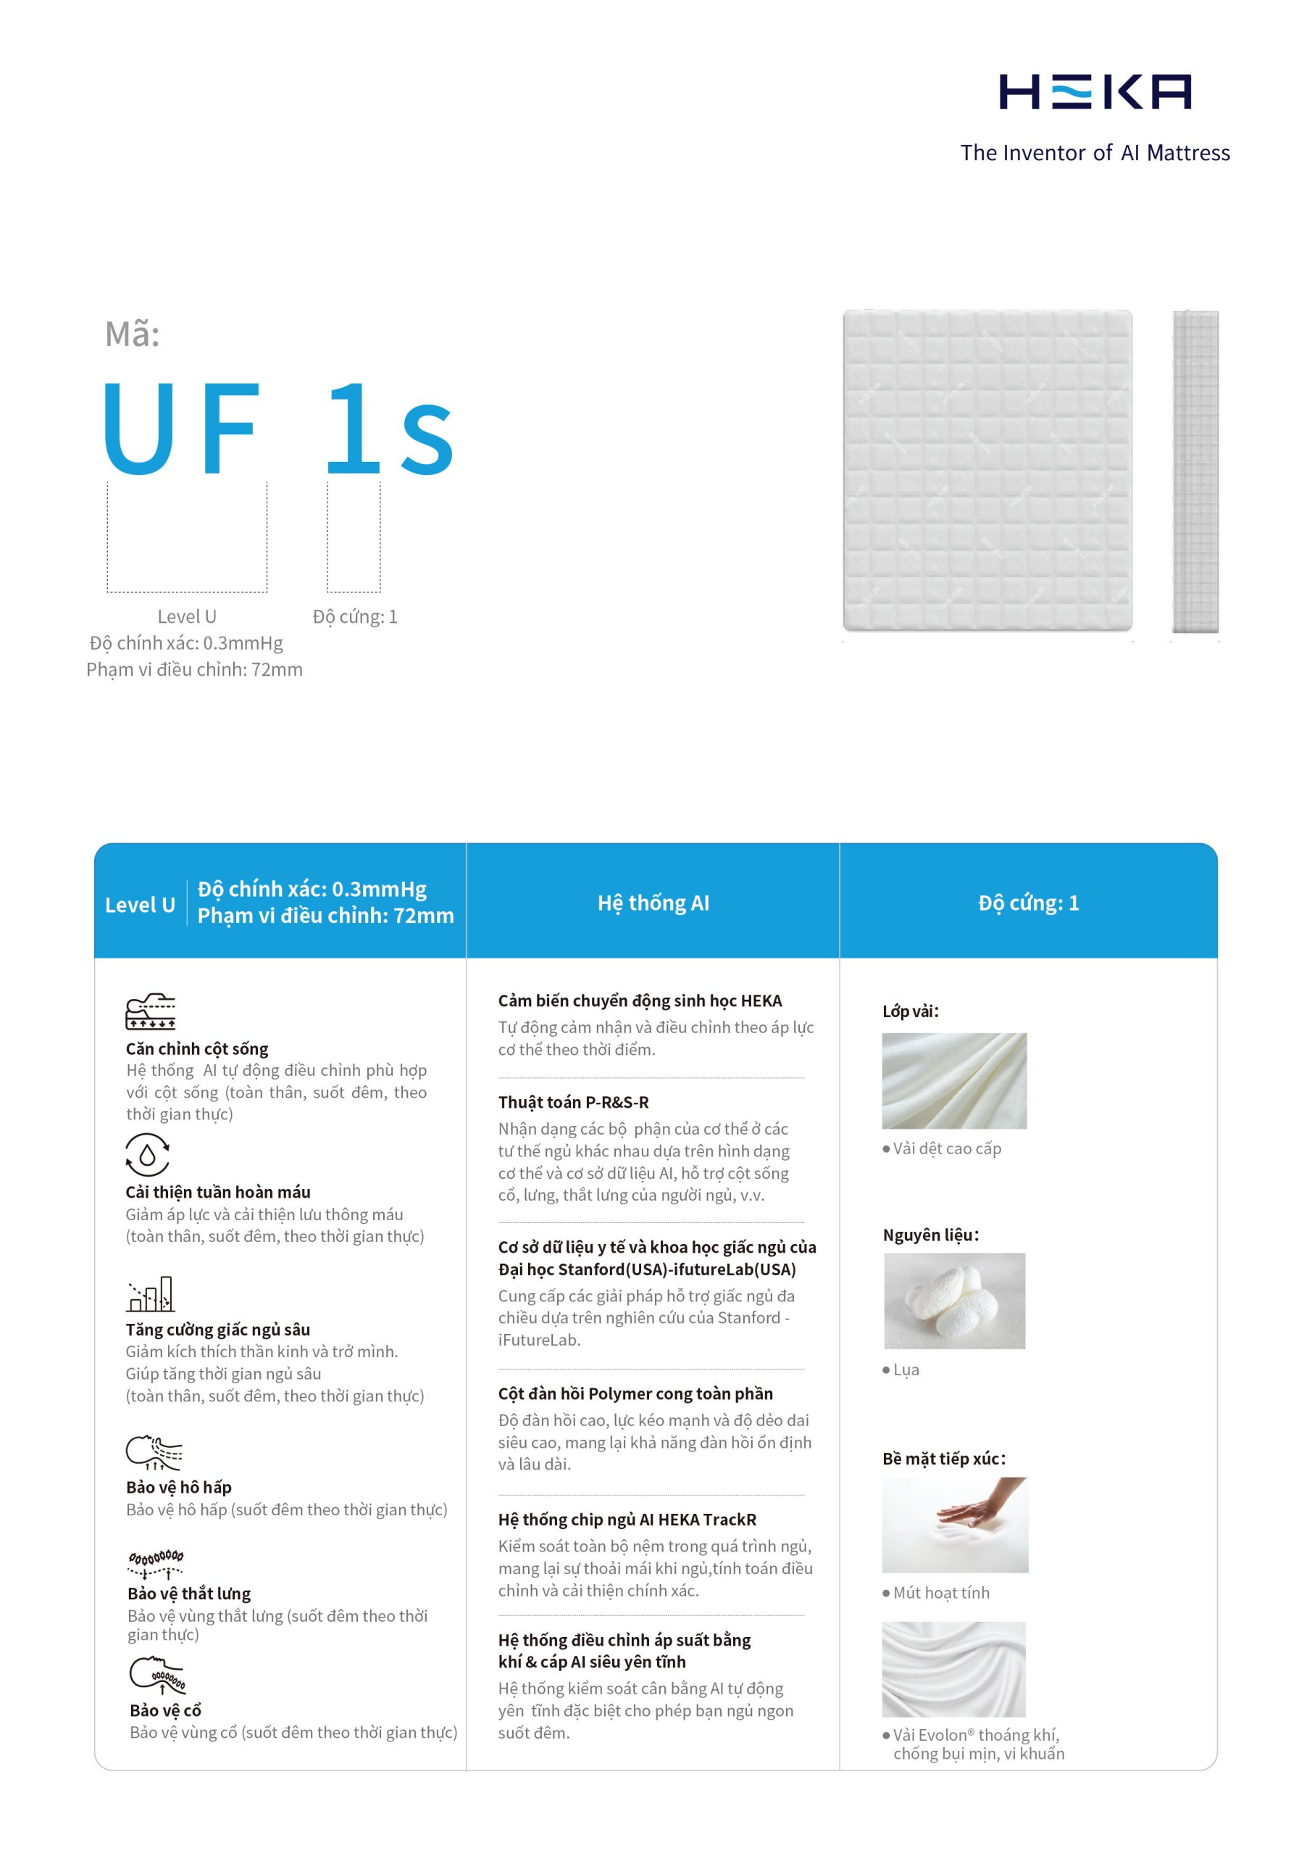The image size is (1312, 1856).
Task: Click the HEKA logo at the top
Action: [1095, 91]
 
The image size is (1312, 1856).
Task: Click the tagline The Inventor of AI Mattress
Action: [1095, 153]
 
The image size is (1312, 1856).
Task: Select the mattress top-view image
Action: [987, 471]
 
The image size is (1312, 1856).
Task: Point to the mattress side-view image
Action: [1195, 471]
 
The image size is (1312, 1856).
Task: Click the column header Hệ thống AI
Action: [653, 903]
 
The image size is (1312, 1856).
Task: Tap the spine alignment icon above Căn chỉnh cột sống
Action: [150, 1012]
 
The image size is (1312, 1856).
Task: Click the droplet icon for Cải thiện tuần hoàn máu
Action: [147, 1154]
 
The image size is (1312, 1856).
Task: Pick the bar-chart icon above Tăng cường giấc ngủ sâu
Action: [150, 1295]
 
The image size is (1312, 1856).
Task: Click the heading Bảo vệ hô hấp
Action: [178, 1488]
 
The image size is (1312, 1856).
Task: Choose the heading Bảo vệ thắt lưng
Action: [189, 1594]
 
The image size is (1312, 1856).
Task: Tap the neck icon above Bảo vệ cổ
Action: [157, 1675]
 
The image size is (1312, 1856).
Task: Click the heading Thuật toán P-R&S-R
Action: [573, 1102]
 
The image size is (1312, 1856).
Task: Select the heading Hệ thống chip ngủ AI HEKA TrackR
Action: [627, 1520]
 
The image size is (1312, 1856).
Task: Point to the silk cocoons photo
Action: [954, 1301]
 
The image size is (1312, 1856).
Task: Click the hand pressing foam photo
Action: [954, 1525]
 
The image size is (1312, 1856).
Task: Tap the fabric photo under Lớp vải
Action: [954, 1081]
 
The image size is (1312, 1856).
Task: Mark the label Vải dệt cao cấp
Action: [947, 1148]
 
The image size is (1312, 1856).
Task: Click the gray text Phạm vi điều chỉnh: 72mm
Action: [195, 669]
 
